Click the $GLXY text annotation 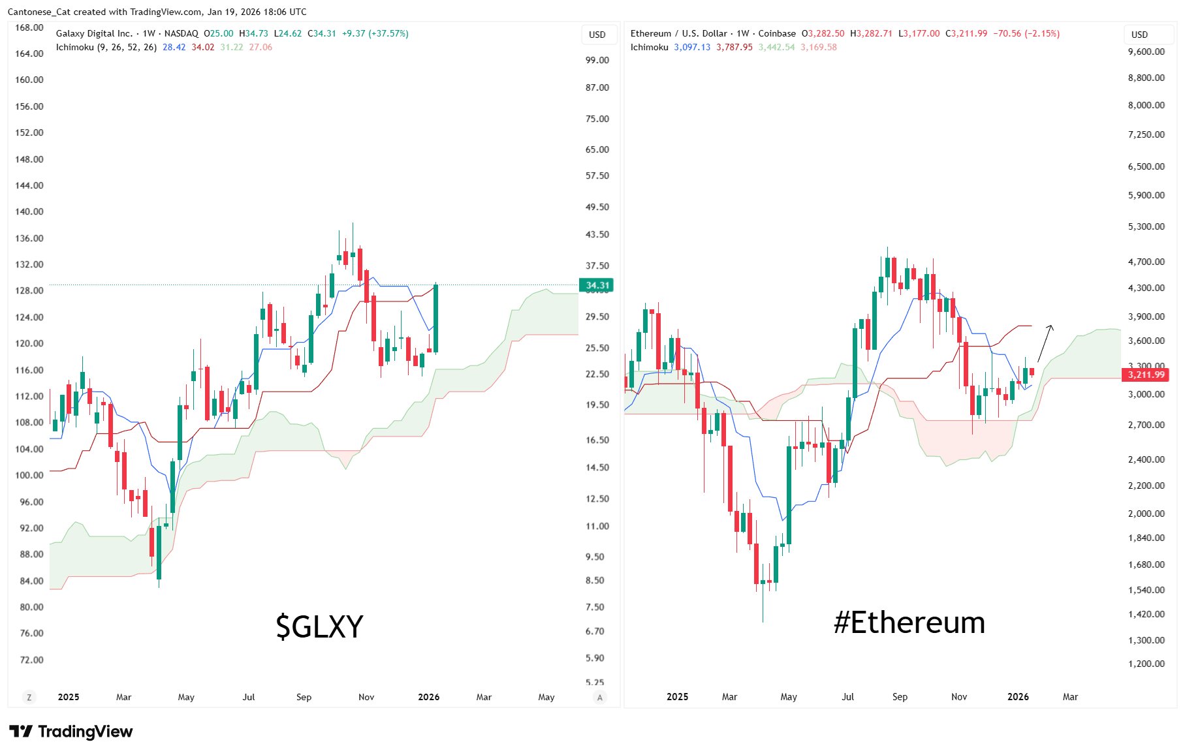pos(319,626)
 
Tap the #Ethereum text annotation pos(909,623)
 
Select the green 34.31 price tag pos(596,285)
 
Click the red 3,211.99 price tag pos(1146,375)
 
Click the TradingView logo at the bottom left pos(71,732)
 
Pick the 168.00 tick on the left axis pos(29,27)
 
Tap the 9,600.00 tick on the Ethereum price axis pos(1146,52)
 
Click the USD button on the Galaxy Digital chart pos(597,35)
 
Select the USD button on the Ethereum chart pos(1139,35)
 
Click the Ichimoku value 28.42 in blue pos(174,47)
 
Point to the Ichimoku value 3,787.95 pos(734,47)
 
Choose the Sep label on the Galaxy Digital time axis pos(304,697)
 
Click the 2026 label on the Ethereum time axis pos(1018,697)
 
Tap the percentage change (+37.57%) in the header pos(388,33)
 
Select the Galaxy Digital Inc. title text pos(94,33)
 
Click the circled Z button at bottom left pos(29,697)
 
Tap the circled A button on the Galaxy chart pos(599,697)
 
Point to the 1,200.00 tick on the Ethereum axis pos(1146,664)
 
